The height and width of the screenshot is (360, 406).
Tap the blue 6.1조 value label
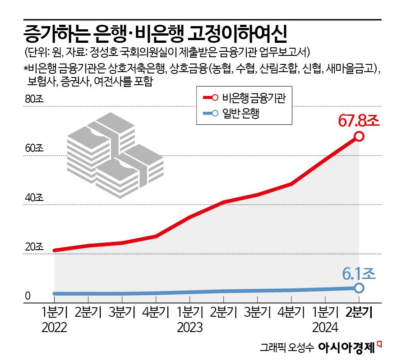click(x=359, y=273)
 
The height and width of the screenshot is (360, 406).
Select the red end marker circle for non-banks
click(x=359, y=136)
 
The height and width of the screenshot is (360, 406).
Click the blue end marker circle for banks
click(x=359, y=287)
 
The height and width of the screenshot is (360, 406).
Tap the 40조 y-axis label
click(x=33, y=198)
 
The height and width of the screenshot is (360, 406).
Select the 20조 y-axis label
click(x=33, y=247)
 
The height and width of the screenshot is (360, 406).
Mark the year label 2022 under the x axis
click(x=54, y=326)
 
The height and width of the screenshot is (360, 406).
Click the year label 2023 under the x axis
click(x=189, y=326)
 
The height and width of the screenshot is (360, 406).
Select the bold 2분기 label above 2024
click(x=359, y=312)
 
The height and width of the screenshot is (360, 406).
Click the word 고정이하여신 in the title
click(x=240, y=34)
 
